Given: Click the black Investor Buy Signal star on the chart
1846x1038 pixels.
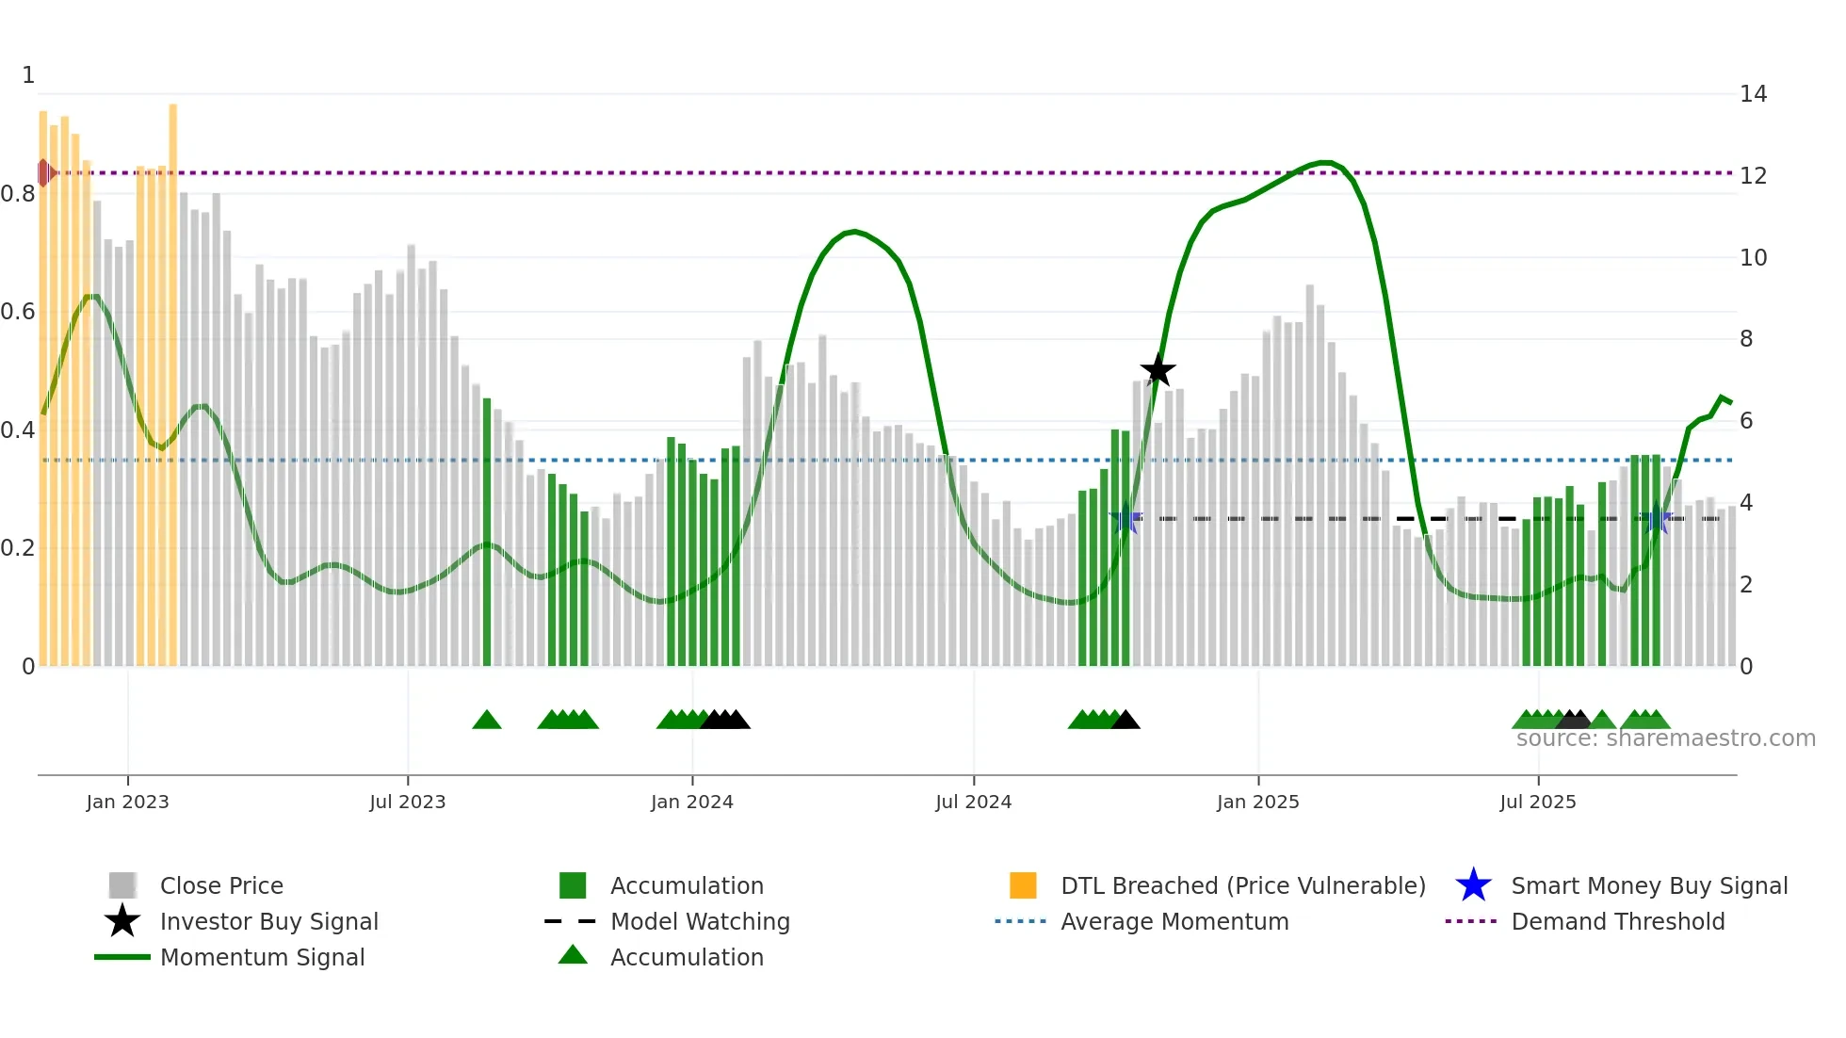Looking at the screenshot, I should [x=1158, y=370].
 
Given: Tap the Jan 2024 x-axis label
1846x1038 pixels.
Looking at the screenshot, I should [x=691, y=803].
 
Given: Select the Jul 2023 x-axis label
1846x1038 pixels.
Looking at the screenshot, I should [x=407, y=803].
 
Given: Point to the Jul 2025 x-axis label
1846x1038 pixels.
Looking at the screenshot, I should [x=1537, y=803].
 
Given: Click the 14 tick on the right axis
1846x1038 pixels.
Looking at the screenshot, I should [x=1753, y=94].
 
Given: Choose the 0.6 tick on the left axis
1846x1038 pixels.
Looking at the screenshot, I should [x=18, y=312].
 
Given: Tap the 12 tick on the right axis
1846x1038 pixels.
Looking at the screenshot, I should [x=1753, y=176].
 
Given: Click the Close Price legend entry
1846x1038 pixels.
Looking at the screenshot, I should [x=221, y=886].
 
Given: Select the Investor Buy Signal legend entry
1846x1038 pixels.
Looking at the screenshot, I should [x=268, y=922].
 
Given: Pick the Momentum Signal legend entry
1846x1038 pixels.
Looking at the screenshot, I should [x=262, y=958].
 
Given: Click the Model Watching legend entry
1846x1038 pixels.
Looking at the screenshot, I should [x=700, y=922].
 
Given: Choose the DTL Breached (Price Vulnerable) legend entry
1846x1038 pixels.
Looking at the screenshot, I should [x=1242, y=886].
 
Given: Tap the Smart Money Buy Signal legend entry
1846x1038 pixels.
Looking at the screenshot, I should [x=1649, y=886].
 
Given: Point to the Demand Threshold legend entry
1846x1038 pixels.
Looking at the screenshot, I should [x=1617, y=922].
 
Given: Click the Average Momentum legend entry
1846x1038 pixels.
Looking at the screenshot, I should [x=1174, y=922].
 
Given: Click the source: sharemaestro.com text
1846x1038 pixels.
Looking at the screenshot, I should [x=1665, y=738].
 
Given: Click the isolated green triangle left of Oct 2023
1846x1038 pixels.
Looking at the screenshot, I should [x=487, y=721].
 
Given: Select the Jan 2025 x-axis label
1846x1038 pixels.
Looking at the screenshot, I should [x=1257, y=803].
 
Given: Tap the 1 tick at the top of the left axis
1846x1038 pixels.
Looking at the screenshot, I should [x=28, y=75].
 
